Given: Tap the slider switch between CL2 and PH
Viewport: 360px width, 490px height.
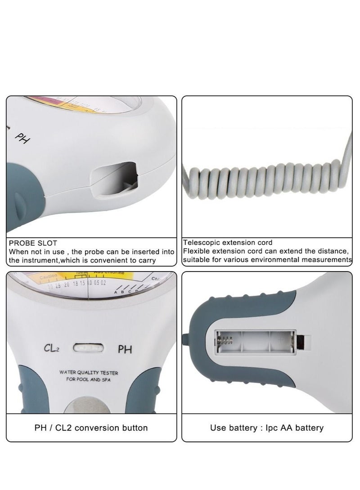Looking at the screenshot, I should (x=88, y=347).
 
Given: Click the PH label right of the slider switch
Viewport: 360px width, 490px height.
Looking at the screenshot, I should (x=124, y=348).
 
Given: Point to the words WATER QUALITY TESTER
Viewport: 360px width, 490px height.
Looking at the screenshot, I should (x=89, y=373).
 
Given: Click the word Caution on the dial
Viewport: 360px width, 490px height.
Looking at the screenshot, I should (x=48, y=276).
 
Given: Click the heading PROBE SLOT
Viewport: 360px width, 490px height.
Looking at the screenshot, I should (x=33, y=243).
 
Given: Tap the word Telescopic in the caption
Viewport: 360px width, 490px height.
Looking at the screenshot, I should (x=201, y=243).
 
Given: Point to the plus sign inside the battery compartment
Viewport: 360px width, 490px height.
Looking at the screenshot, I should (x=281, y=340).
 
